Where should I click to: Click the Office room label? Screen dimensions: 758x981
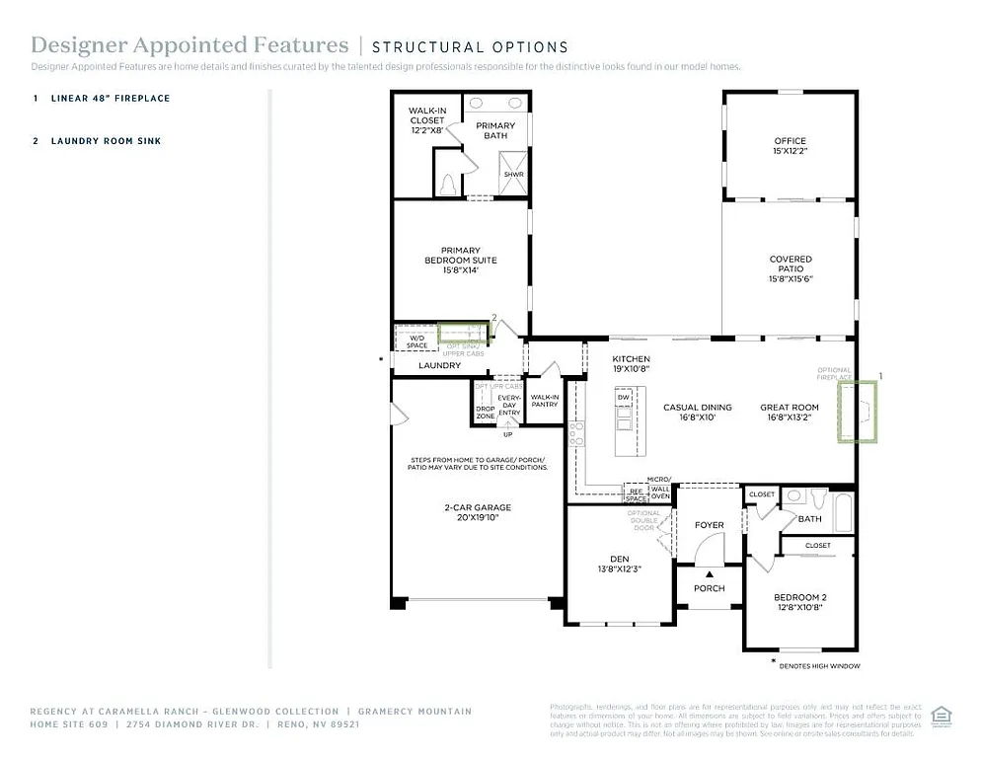point(790,146)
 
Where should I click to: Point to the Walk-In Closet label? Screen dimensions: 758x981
point(427,120)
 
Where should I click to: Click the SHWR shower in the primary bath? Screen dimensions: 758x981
point(513,174)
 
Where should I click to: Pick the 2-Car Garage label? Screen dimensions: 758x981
point(477,512)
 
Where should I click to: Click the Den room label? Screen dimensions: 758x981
point(619,564)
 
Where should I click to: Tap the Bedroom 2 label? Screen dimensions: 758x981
point(799,602)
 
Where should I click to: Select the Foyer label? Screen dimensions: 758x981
point(709,525)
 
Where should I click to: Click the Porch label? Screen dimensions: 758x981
point(709,588)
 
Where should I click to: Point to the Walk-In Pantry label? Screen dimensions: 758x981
point(545,400)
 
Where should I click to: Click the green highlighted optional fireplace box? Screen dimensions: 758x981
point(857,412)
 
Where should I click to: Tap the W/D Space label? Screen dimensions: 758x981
point(417,341)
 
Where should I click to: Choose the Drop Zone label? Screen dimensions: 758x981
point(485,413)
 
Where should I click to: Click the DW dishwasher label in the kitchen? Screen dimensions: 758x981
point(623,397)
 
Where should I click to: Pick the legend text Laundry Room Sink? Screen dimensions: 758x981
point(106,141)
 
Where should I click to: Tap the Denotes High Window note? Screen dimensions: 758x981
point(819,666)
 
